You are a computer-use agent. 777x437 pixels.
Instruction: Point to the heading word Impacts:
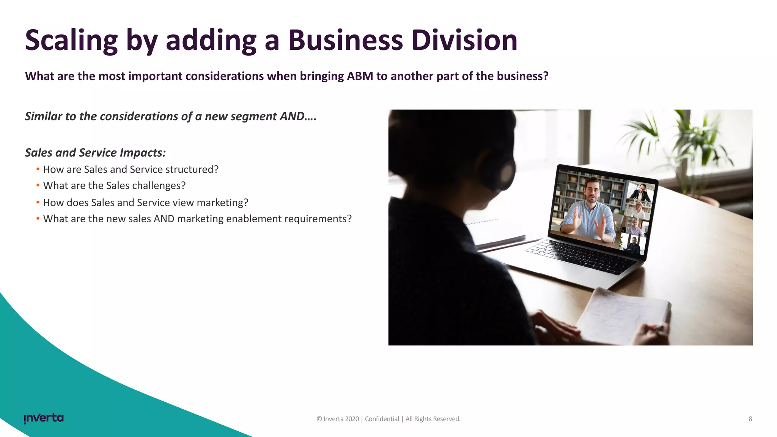tap(143, 153)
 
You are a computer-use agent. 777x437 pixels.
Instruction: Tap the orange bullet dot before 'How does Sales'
tap(38, 202)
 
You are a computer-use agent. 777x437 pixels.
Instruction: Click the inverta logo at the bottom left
tap(44, 418)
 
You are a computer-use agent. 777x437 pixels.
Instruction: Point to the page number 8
tap(750, 419)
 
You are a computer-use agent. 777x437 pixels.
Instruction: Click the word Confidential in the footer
tap(382, 419)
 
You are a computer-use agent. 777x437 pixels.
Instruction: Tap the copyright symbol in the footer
tap(319, 419)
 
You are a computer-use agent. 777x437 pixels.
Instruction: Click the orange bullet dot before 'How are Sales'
tap(38, 169)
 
